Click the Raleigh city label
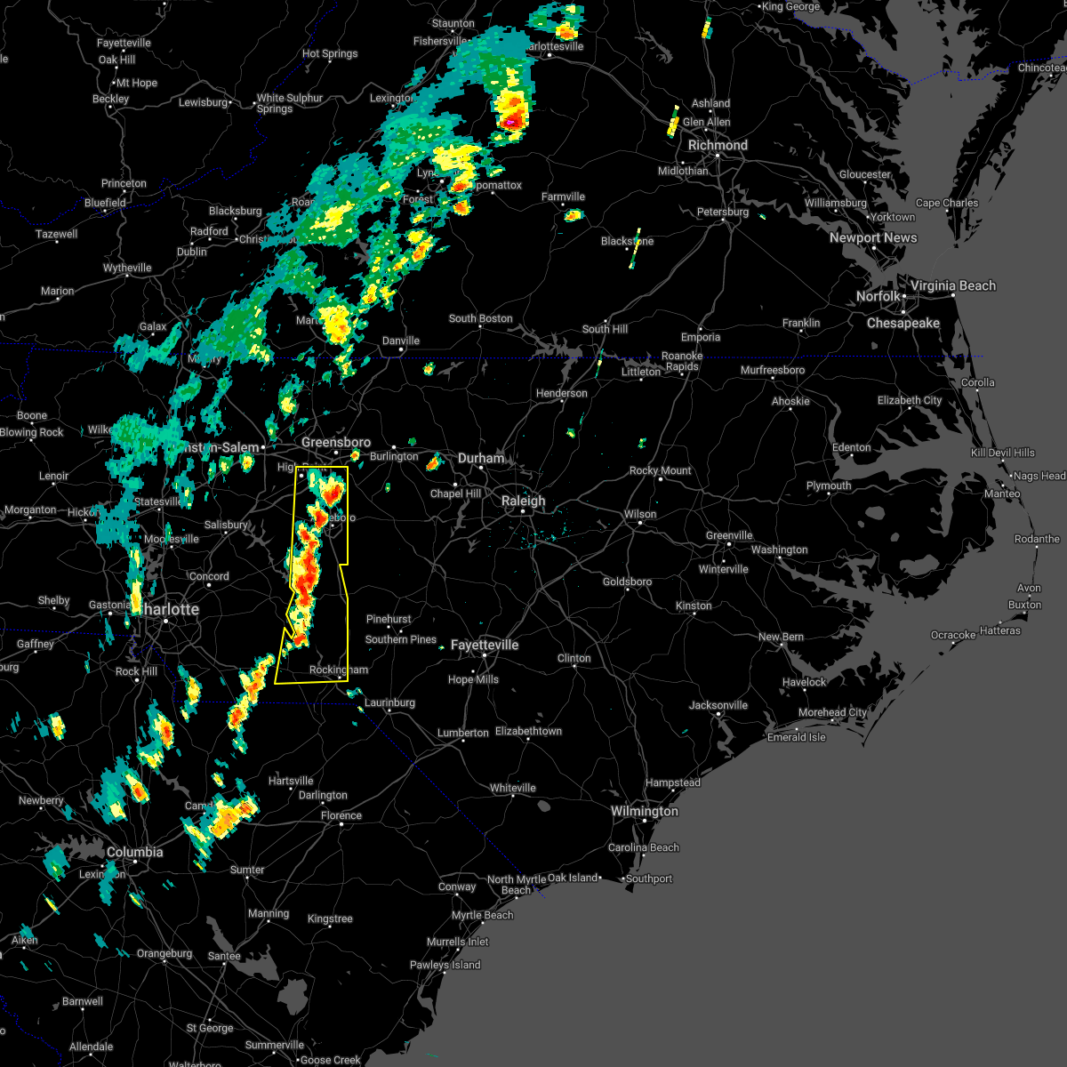coord(523,501)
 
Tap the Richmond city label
coord(718,145)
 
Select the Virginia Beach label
coord(952,285)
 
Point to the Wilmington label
coord(644,811)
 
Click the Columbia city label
coord(134,852)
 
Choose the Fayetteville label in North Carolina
coord(484,645)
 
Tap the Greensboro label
coord(336,442)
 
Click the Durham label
coord(481,458)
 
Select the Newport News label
coord(872,237)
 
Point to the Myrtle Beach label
coord(482,915)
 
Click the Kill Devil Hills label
coord(1002,453)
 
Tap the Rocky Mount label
coord(660,470)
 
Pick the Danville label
coord(401,341)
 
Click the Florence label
coord(341,815)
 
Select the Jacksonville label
coord(718,705)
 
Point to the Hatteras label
coord(999,630)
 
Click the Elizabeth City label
coord(909,400)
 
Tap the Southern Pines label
coord(401,639)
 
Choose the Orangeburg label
coord(164,953)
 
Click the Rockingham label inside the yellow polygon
coord(338,670)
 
